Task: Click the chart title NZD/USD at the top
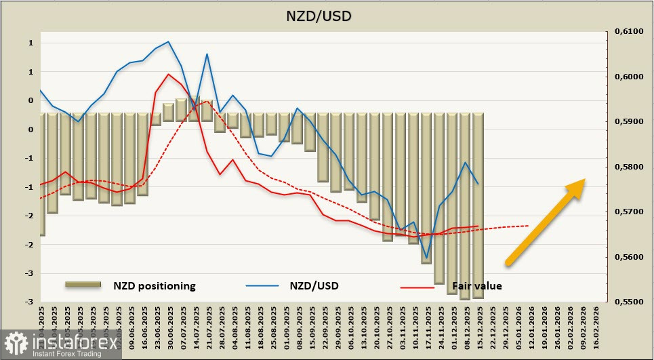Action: [x=327, y=14]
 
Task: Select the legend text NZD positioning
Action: [x=155, y=286]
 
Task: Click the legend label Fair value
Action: [x=477, y=286]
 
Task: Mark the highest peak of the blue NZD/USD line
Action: [x=168, y=42]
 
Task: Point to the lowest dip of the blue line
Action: [x=426, y=258]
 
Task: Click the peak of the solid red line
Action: [x=168, y=75]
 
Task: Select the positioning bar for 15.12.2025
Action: [x=478, y=203]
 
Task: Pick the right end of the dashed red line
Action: [x=528, y=226]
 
